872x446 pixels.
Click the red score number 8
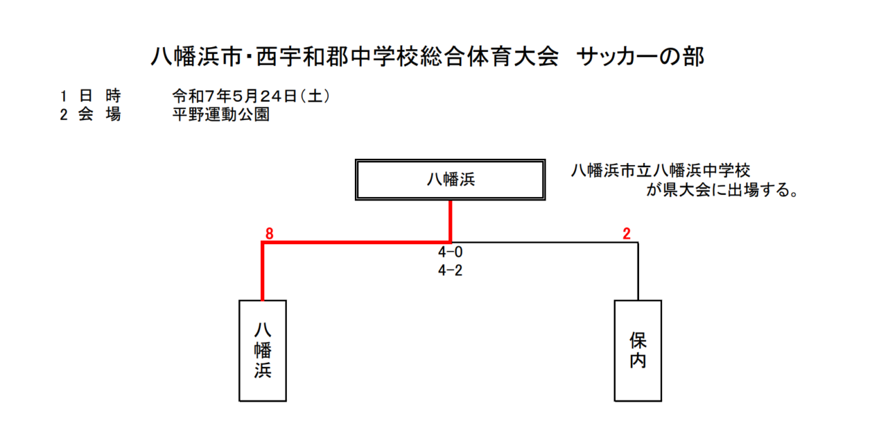tap(269, 233)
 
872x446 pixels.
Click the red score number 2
tap(626, 233)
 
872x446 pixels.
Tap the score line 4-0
tap(450, 252)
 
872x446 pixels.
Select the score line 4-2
tap(450, 271)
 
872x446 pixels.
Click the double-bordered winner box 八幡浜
tap(450, 180)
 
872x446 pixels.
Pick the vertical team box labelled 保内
tap(638, 351)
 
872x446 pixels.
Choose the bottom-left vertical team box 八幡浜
tap(263, 351)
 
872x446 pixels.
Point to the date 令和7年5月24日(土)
tap(251, 96)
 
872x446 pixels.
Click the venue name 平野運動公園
tap(221, 115)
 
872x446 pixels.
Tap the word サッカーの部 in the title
tap(640, 57)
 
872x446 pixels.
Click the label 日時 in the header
tap(99, 96)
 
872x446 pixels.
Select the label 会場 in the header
tap(99, 115)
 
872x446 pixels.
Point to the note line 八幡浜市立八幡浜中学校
tap(661, 170)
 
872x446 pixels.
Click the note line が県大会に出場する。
tap(723, 190)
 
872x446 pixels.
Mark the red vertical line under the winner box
tap(450, 222)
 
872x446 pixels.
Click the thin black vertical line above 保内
tap(638, 271)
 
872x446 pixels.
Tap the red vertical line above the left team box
tap(263, 271)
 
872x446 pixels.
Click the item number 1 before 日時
tap(63, 96)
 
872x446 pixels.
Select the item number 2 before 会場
tap(63, 115)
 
